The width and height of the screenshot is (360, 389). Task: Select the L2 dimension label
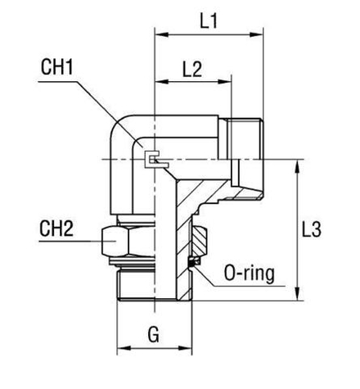192,70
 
